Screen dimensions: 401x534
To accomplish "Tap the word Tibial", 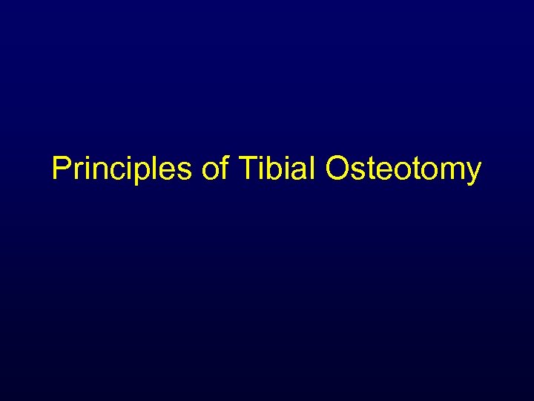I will tap(279, 170).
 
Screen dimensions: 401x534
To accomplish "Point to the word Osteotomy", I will tap(403, 170).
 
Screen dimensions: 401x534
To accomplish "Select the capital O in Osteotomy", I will tap(337, 170).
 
